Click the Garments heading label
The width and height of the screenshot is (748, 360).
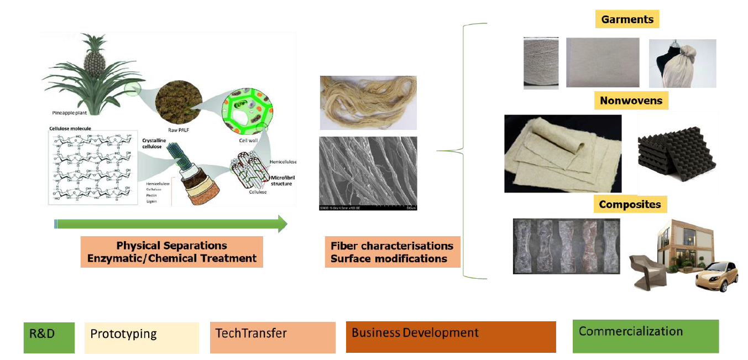[x=627, y=19]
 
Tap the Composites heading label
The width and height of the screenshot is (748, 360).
[x=630, y=204]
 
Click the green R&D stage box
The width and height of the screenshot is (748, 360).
[x=49, y=337]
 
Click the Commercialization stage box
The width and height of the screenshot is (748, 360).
[x=645, y=336]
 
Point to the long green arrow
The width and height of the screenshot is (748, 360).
[x=171, y=224]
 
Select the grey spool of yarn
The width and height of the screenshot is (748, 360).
[x=541, y=62]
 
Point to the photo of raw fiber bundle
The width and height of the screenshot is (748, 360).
[x=368, y=103]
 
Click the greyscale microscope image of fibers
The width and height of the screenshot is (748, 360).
[x=368, y=173]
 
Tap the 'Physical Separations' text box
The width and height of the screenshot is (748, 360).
[x=171, y=252]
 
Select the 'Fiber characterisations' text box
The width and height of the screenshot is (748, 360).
[x=391, y=252]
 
